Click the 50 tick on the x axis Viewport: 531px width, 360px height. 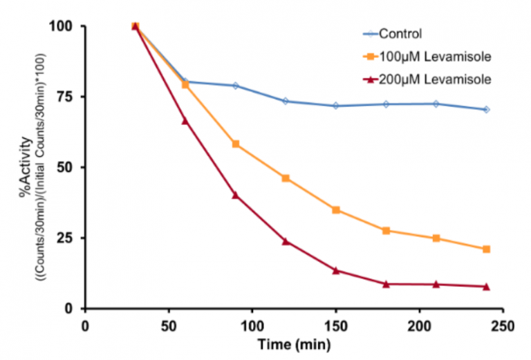pos(169,325)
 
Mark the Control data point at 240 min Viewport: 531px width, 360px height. pos(486,109)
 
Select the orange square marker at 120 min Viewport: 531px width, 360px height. pos(286,178)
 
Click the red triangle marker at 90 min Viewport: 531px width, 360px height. pos(235,195)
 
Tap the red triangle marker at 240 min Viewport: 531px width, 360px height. pos(486,286)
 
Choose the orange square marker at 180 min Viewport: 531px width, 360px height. pos(386,231)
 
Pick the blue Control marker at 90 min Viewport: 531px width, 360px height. pos(235,86)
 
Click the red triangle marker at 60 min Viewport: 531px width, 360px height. pos(185,121)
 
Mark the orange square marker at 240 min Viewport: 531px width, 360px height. pos(486,249)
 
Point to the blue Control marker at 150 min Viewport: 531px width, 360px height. pos(336,106)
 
